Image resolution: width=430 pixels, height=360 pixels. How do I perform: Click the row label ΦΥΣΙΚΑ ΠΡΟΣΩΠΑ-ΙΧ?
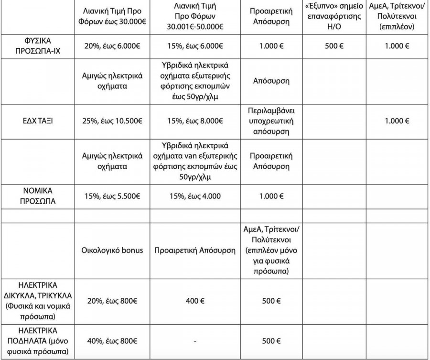click(39, 46)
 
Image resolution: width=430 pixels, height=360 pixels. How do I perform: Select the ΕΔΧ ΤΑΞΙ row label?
click(39, 121)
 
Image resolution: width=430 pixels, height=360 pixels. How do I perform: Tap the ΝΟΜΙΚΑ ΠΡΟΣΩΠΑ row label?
click(39, 196)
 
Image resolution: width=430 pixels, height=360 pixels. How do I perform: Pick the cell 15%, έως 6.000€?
click(195, 46)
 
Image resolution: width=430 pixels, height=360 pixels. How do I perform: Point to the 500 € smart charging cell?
click(334, 46)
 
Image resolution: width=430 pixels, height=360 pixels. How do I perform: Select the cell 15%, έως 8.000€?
click(195, 121)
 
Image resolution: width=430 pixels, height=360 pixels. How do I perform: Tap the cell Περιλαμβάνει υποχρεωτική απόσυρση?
click(271, 121)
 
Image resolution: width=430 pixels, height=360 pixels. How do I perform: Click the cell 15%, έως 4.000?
click(195, 196)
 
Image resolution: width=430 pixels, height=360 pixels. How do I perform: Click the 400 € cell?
click(195, 301)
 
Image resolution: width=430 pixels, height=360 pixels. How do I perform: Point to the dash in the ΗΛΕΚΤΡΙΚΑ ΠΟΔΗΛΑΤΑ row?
click(195, 341)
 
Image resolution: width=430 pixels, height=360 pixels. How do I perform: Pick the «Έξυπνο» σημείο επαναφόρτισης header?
click(334, 18)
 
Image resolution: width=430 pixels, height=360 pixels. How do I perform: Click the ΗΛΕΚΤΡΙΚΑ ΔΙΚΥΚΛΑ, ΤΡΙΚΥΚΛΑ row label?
click(39, 301)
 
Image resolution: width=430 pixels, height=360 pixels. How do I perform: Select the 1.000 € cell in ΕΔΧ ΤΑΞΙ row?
click(397, 121)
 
